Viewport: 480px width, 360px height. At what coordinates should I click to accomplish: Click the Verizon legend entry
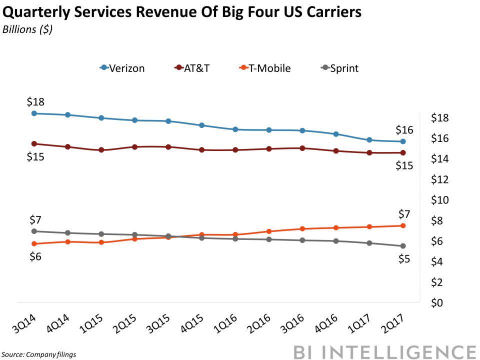(x=122, y=68)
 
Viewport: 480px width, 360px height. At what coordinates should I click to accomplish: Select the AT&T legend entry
(x=192, y=68)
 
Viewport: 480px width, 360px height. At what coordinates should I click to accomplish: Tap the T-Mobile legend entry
(x=265, y=68)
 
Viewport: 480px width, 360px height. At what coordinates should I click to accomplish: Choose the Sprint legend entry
(x=339, y=68)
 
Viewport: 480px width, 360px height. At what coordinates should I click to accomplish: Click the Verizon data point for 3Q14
(x=34, y=113)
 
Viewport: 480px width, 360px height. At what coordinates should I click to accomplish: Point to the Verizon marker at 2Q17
(x=402, y=141)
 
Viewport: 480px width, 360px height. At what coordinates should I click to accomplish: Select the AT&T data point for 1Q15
(x=101, y=150)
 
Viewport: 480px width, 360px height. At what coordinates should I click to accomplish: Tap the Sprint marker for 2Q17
(x=402, y=246)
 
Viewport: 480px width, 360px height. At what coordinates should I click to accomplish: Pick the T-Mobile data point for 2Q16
(x=268, y=231)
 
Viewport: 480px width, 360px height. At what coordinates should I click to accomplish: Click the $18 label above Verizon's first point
(x=35, y=102)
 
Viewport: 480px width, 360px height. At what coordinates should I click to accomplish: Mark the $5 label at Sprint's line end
(x=404, y=259)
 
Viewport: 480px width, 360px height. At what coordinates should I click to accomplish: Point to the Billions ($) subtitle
(x=27, y=29)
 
